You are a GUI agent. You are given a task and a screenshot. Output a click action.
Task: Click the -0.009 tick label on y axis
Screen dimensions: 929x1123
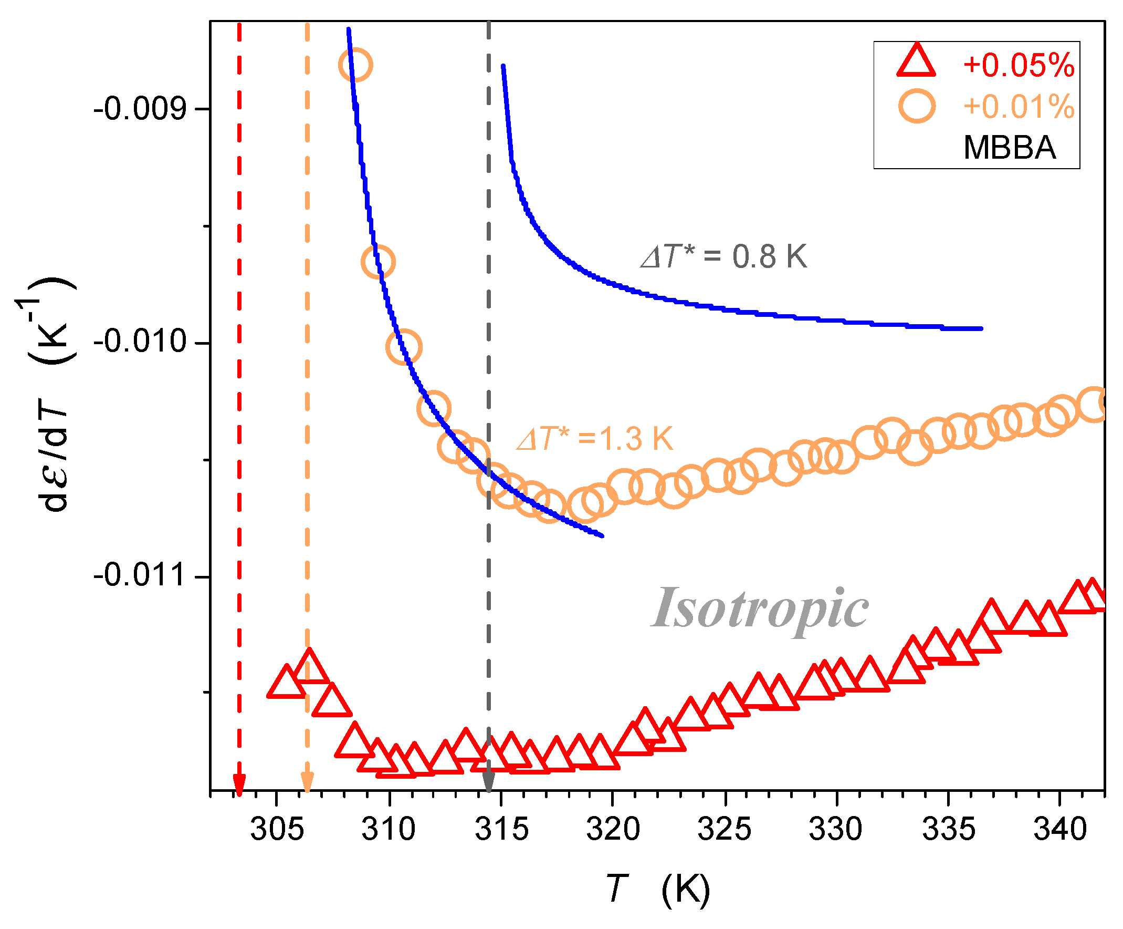[140, 110]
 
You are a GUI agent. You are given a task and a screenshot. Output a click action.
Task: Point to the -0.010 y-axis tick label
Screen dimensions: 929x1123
[140, 342]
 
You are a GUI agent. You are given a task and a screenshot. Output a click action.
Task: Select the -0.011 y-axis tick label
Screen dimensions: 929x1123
[140, 575]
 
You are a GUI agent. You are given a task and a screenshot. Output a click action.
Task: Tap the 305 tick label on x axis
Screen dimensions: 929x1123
[277, 830]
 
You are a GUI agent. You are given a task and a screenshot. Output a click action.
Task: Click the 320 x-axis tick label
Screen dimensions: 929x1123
[613, 830]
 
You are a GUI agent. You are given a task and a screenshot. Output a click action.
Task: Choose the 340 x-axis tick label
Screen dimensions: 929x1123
[1060, 830]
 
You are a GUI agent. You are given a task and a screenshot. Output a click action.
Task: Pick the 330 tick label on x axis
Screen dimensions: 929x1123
[835, 830]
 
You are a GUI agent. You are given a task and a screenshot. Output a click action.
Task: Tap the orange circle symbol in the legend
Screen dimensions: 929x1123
[917, 107]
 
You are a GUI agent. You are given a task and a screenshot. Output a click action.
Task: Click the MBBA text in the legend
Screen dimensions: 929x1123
[1009, 147]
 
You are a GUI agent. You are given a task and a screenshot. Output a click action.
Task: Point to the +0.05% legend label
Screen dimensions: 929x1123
[1018, 66]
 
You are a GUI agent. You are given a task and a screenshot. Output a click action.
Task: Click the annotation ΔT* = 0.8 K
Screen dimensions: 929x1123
[723, 256]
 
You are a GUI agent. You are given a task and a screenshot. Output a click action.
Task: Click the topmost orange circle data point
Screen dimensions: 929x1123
[355, 65]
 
